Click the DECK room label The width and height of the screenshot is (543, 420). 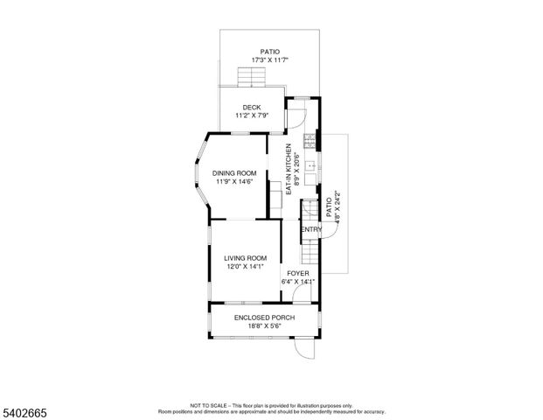(252, 108)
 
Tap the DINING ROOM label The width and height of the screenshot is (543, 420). (234, 172)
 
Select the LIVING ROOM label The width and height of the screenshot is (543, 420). (245, 257)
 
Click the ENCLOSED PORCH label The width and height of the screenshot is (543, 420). (264, 317)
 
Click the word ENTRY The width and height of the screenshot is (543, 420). (312, 229)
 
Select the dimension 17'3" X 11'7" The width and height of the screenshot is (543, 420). (269, 59)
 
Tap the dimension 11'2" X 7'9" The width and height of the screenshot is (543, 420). (252, 115)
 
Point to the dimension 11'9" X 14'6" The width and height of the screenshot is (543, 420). (234, 181)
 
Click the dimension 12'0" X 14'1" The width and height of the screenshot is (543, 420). (245, 266)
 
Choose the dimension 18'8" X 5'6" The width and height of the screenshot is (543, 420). (264, 325)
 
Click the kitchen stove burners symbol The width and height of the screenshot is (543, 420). (308, 140)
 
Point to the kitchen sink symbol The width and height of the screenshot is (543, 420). (309, 164)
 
